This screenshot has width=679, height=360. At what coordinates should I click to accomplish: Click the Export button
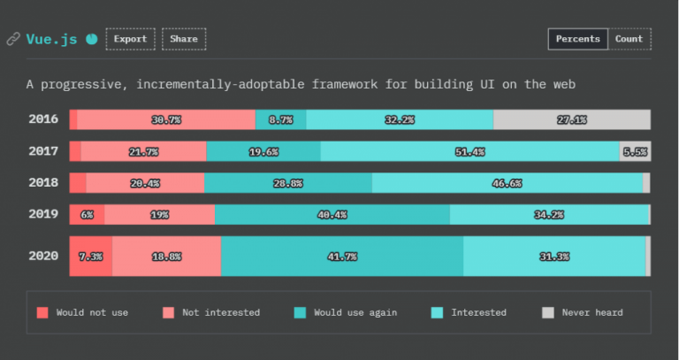click(130, 39)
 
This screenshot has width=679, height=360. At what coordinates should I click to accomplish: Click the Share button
click(184, 39)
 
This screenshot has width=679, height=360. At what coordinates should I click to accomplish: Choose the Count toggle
click(629, 39)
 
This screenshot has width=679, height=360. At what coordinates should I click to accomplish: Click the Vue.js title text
click(52, 39)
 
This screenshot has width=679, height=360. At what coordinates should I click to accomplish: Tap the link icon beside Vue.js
click(13, 39)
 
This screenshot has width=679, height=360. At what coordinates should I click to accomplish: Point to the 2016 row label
click(42, 119)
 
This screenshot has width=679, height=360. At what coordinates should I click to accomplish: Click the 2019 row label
click(42, 214)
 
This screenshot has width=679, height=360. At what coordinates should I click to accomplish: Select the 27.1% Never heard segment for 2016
click(572, 119)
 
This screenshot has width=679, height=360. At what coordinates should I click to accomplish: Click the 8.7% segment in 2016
click(281, 119)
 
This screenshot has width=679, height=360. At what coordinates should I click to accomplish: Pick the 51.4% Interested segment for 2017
click(469, 151)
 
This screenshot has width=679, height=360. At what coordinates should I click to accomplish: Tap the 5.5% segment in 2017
click(635, 151)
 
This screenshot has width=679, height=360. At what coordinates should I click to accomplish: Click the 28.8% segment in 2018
click(288, 183)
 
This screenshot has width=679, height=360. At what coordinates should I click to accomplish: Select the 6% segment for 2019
click(87, 215)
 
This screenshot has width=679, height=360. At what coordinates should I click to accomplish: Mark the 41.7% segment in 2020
click(341, 257)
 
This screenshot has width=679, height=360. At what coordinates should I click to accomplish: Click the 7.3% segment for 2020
click(90, 257)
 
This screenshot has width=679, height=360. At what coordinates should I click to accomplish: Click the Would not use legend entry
click(85, 312)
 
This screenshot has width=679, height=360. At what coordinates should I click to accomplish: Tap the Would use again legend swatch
click(300, 312)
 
